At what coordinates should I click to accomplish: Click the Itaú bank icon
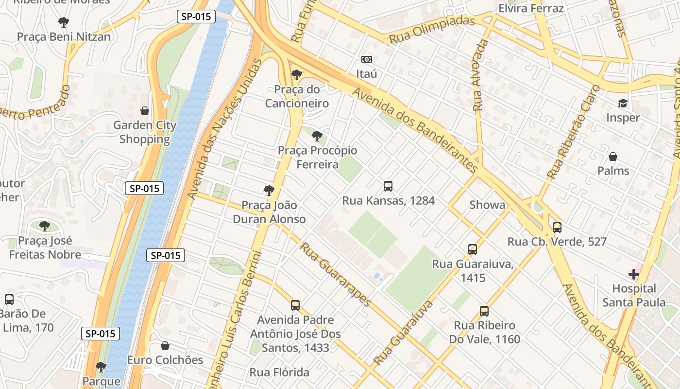point(367,59)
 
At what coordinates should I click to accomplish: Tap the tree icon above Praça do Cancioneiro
point(296,75)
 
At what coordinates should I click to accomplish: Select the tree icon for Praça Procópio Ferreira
point(317,136)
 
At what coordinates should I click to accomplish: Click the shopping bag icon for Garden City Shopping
point(144,111)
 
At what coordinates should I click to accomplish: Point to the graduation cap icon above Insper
point(623,103)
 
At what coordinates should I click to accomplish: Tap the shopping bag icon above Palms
point(613,157)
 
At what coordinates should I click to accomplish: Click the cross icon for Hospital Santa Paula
point(634,274)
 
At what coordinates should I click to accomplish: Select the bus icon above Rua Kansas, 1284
point(388,186)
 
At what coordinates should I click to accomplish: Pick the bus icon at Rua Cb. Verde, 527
point(557,227)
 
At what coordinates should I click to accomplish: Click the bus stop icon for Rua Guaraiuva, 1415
point(473,249)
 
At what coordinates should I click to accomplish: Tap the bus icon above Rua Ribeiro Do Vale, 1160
point(484,311)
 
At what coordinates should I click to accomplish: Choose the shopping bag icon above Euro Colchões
point(165,346)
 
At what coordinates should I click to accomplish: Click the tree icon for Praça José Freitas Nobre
point(45,226)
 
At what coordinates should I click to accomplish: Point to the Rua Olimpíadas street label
point(432,30)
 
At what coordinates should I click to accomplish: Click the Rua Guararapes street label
point(336,274)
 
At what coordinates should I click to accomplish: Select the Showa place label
point(487,205)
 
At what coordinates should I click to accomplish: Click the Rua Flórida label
point(279,372)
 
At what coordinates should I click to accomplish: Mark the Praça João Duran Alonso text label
point(269,212)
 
